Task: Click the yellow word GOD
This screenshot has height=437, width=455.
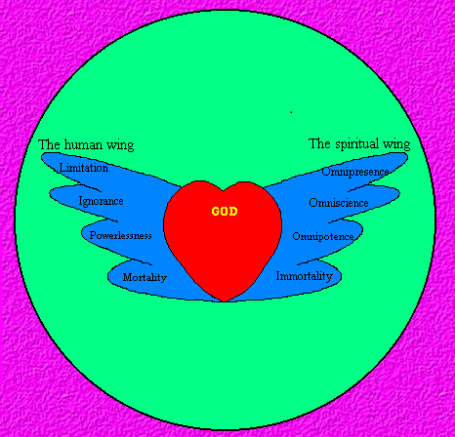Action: coord(225,212)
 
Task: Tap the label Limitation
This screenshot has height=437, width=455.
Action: coord(84,168)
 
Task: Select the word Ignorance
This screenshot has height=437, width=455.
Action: coord(102,201)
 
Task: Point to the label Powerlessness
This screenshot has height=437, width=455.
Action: coord(121,235)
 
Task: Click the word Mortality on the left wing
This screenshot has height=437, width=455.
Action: coord(145,277)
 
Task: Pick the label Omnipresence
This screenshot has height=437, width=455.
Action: coord(355,172)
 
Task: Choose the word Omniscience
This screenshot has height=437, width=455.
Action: coord(339,203)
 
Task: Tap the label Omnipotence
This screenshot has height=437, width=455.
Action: coord(323,236)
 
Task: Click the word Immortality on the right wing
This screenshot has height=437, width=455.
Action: coord(305,276)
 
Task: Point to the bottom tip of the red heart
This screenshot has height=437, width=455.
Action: coord(225,301)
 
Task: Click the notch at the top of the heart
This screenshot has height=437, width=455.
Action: coord(224,190)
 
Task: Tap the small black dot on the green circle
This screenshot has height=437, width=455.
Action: coord(291,112)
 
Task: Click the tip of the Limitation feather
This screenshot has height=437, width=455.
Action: coord(42,157)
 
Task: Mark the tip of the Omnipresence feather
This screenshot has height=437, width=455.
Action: coord(407,156)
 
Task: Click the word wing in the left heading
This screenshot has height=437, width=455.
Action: coord(120,145)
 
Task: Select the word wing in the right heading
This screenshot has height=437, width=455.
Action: coord(396,144)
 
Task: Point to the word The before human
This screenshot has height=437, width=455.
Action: coord(49,144)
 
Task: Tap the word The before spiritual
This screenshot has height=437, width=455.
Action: coord(319,143)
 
